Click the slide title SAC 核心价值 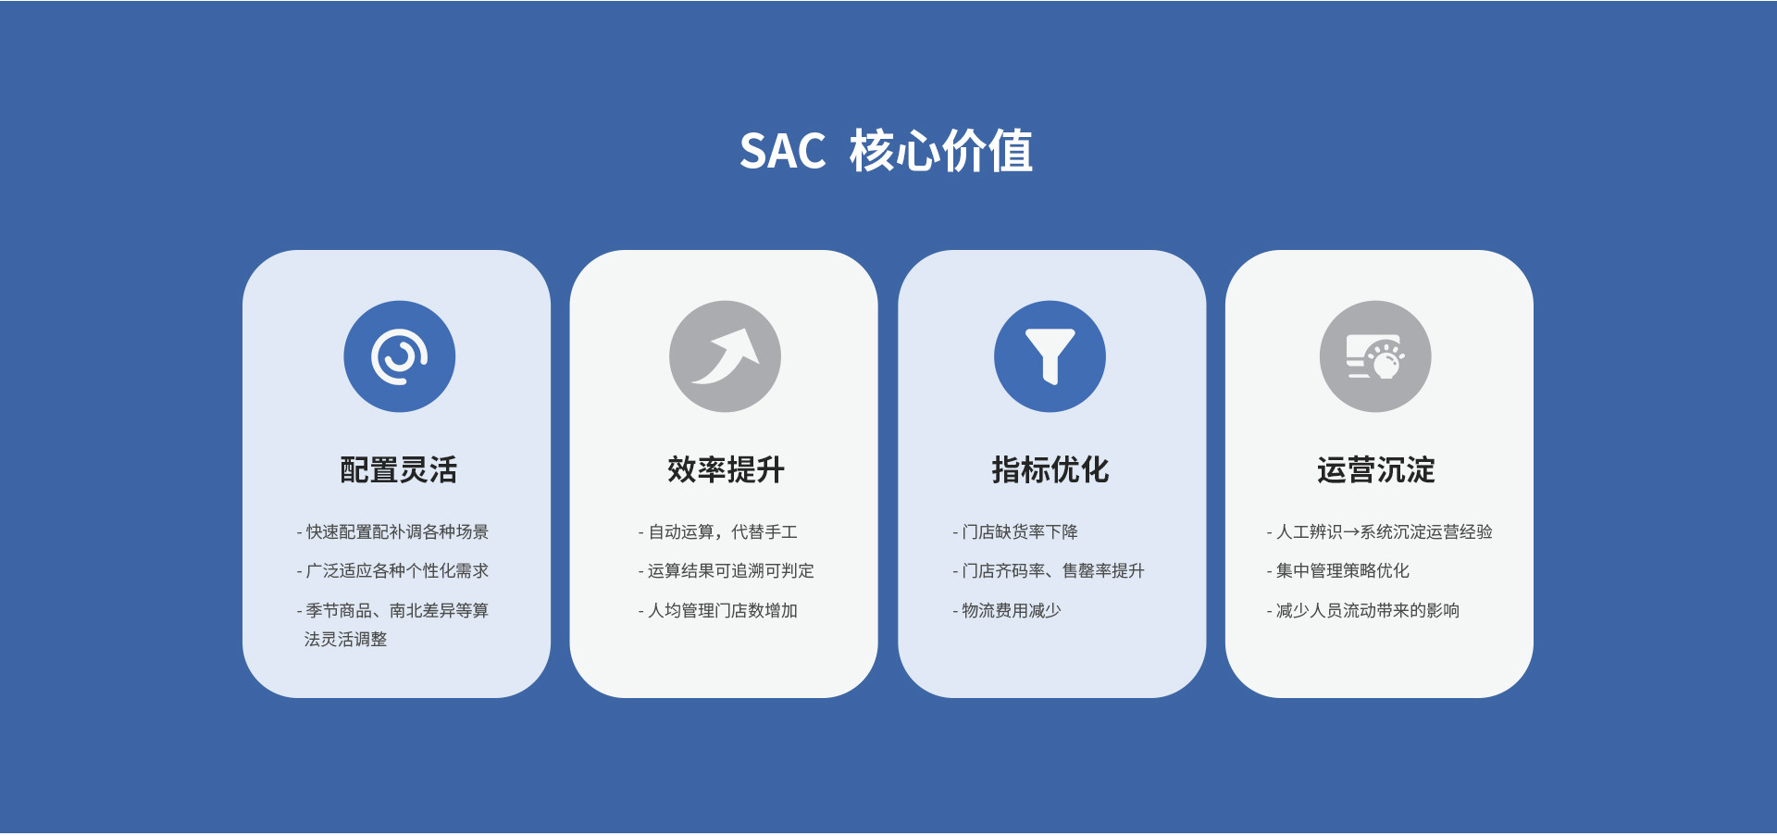886,151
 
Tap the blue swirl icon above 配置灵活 399,356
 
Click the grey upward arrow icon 725,356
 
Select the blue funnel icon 1050,356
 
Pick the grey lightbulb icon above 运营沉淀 1375,356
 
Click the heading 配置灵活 399,469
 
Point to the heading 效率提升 726,469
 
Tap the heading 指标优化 1050,469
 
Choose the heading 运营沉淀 1376,469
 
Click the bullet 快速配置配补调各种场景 396,532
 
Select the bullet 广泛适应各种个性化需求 396,571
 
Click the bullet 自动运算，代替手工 721,532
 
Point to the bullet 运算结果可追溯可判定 729,571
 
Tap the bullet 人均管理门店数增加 721,611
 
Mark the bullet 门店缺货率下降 1019,532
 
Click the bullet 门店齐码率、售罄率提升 1052,571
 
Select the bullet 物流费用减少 1011,611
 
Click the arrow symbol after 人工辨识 1351,532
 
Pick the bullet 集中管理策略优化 1342,571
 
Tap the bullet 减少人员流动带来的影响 1367,611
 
